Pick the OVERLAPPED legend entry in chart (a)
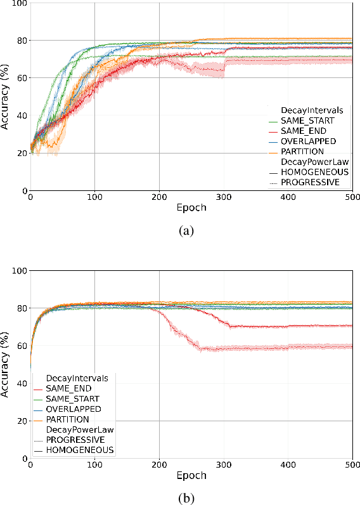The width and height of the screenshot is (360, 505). [x=307, y=141]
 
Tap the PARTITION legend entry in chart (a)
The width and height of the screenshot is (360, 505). [x=303, y=151]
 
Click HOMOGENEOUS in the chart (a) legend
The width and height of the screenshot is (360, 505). [x=310, y=171]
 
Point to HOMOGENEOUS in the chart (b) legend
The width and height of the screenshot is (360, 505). [x=75, y=449]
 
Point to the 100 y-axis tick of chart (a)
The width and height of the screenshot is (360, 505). [x=19, y=4]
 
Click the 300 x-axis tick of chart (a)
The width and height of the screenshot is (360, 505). [x=224, y=198]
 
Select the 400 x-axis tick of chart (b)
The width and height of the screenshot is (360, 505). [x=288, y=466]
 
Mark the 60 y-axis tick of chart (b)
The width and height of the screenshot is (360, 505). [x=22, y=346]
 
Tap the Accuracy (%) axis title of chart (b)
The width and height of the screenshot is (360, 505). [x=6, y=365]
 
